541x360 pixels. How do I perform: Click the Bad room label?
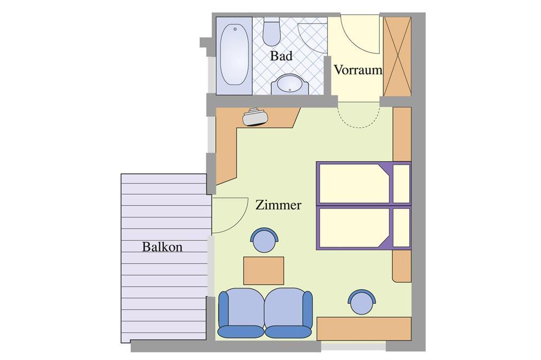(x=281, y=55)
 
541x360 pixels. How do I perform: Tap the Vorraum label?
(x=358, y=70)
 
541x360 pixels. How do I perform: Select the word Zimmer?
(x=278, y=205)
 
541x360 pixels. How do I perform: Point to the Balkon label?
(x=162, y=247)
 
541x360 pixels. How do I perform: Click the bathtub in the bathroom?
(x=234, y=55)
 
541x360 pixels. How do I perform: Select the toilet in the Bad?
(x=272, y=32)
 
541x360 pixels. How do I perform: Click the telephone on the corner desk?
(x=255, y=117)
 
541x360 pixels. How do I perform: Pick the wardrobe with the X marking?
(x=397, y=56)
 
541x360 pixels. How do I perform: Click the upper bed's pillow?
(x=402, y=184)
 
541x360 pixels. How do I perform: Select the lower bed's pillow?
(x=402, y=227)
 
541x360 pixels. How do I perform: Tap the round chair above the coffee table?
(x=265, y=240)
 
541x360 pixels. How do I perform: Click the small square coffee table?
(x=264, y=271)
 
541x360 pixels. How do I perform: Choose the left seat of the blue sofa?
(x=240, y=313)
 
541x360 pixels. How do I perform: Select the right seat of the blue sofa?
(x=289, y=313)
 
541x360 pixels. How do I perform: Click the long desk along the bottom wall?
(x=364, y=329)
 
